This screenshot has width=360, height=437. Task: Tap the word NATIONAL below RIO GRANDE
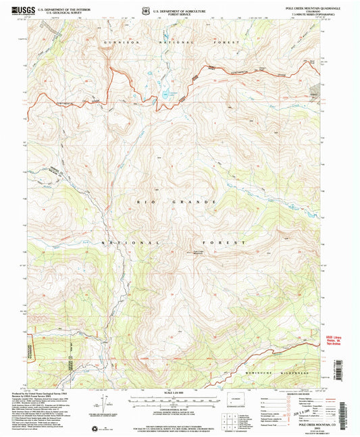132,241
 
